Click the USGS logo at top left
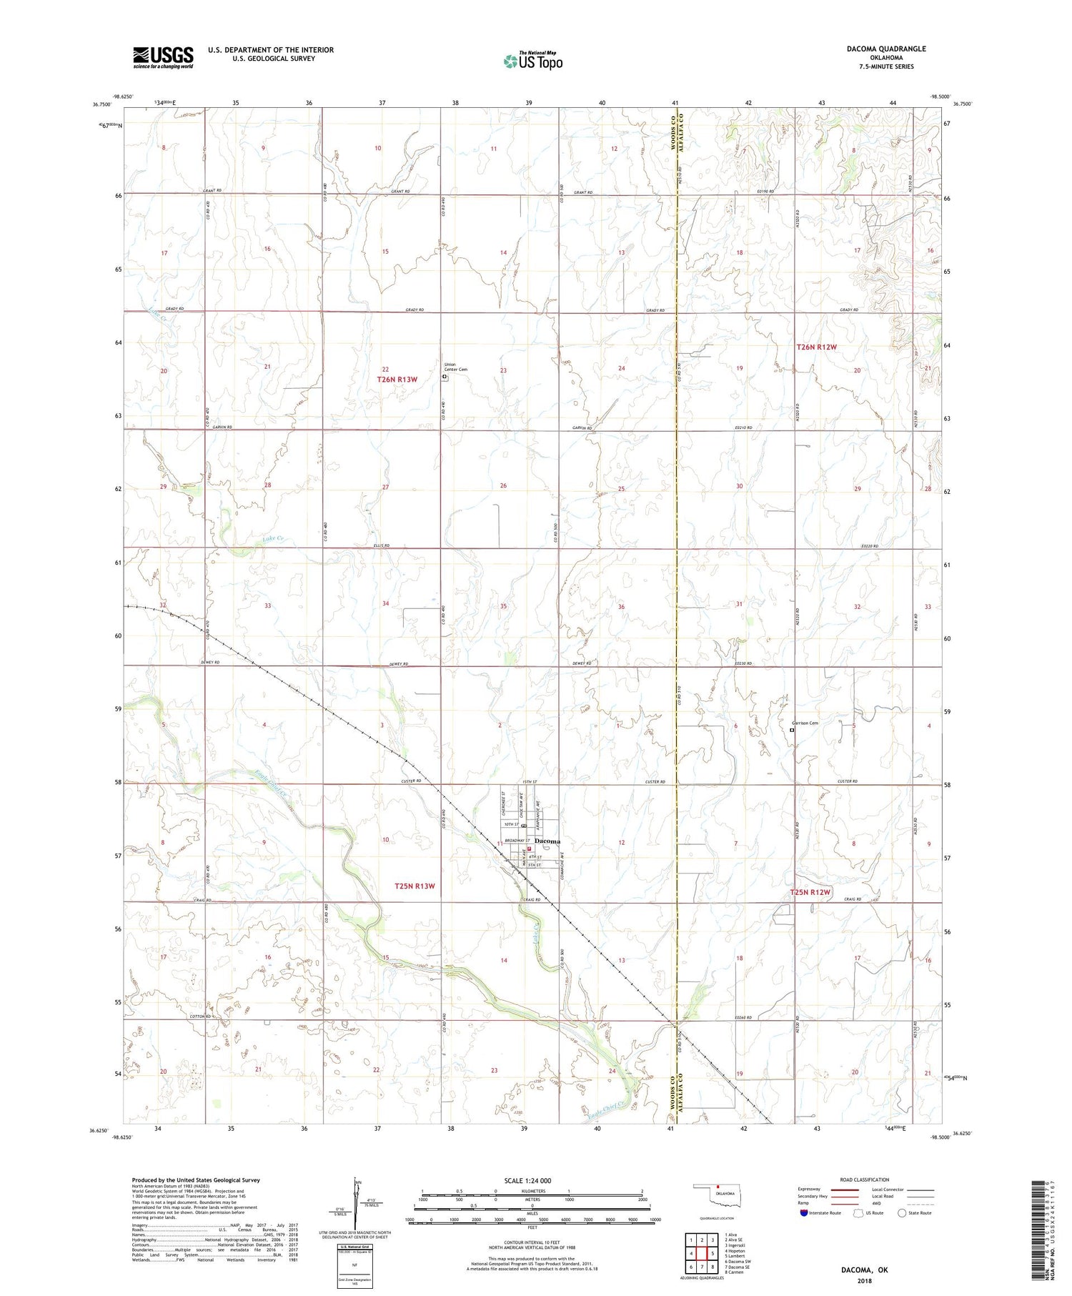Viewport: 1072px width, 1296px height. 163,57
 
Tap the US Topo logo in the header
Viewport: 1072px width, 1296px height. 533,61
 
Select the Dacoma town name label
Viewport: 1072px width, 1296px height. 547,841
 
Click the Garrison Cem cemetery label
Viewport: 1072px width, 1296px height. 804,723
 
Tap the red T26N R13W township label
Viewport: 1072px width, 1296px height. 397,380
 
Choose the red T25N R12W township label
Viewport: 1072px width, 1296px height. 810,892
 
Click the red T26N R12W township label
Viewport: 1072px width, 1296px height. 816,347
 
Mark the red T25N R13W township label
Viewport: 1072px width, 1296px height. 415,886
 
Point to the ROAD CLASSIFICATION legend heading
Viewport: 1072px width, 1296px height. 865,1179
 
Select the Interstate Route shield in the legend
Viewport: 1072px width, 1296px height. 803,1213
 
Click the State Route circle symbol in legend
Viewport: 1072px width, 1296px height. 902,1213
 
